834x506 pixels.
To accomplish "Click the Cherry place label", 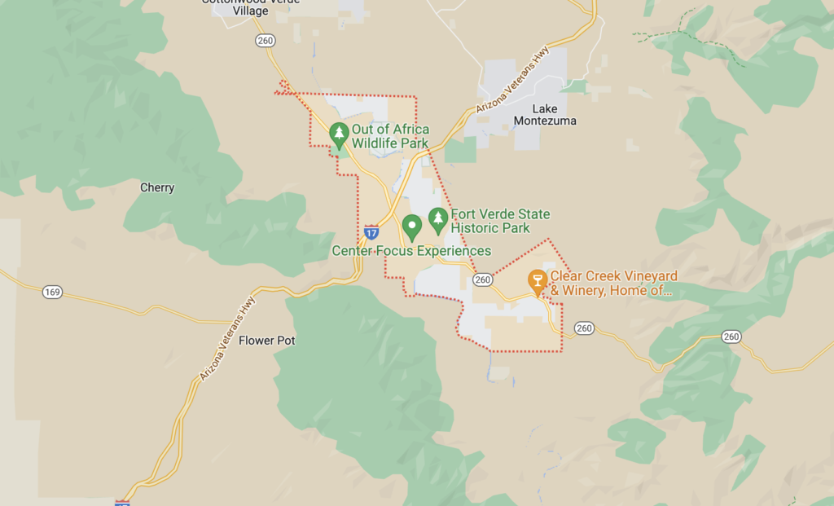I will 157,187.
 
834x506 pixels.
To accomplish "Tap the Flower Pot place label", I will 266,341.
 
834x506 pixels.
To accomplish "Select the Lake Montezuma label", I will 545,115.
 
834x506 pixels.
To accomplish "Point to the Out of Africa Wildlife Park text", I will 390,136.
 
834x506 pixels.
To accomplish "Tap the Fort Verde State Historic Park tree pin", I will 438,219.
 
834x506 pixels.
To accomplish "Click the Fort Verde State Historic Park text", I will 500,221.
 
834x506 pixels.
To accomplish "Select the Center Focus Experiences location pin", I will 412,226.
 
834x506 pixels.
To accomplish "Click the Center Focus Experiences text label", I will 411,251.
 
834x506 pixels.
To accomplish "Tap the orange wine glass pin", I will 537,281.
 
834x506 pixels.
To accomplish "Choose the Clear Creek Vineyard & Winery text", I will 613,283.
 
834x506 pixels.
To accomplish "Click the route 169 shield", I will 52,292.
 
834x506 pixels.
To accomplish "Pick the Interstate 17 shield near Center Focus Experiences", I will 371,231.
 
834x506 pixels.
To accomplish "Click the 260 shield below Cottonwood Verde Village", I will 265,40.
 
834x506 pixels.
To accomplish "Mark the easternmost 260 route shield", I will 731,337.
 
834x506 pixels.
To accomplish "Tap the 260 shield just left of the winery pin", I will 483,279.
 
